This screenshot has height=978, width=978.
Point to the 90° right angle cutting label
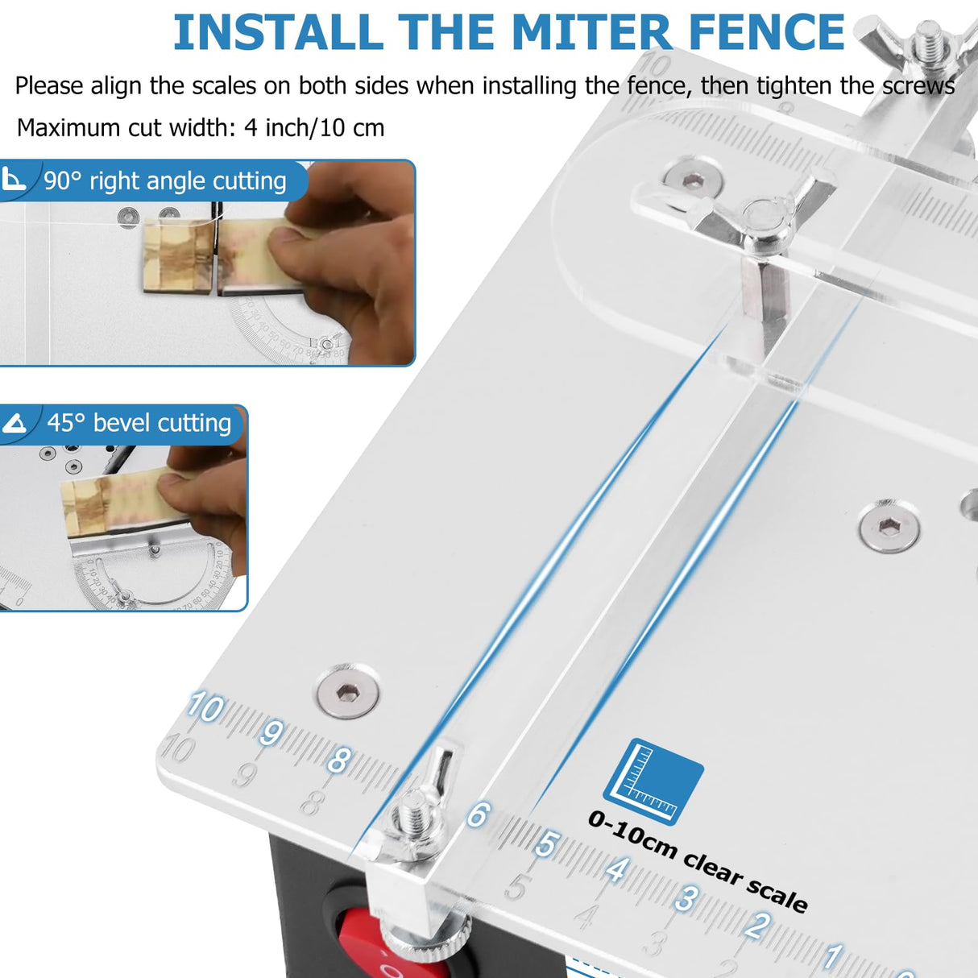coord(164,181)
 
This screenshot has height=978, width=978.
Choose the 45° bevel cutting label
coord(139,423)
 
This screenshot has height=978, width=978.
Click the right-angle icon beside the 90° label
coord(14,179)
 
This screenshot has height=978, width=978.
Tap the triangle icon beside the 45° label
coord(15,423)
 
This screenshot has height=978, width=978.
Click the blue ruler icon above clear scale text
coord(653,781)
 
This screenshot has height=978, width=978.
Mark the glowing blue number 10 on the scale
coord(205,708)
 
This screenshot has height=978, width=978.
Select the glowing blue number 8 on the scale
coord(339,759)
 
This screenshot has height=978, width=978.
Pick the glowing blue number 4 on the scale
coord(617,870)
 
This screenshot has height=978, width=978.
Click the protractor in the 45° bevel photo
coord(145,576)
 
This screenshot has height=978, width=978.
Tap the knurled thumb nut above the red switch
coord(425,939)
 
